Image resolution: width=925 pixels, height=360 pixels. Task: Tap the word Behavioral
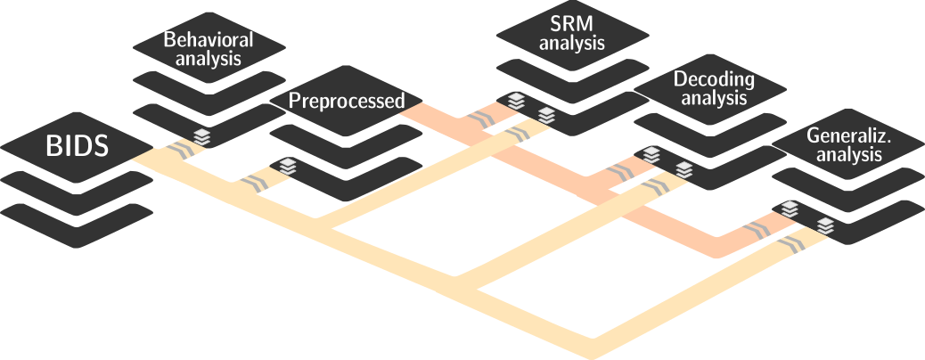tap(209, 40)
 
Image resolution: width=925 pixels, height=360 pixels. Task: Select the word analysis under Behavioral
tap(209, 61)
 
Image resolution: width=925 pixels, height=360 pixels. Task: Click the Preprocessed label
tap(347, 101)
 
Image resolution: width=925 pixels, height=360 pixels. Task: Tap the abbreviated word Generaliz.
tap(844, 135)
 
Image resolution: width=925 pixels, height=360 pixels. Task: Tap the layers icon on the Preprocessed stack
tap(287, 166)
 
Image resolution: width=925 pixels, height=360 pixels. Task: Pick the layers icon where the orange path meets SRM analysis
tap(516, 102)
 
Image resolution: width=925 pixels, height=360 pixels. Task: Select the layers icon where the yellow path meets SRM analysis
tap(546, 115)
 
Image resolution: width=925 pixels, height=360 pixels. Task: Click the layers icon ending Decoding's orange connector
tap(651, 155)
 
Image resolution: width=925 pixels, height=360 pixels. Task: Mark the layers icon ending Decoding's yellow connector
tap(683, 168)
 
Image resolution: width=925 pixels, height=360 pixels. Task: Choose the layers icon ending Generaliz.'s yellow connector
tap(826, 225)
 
